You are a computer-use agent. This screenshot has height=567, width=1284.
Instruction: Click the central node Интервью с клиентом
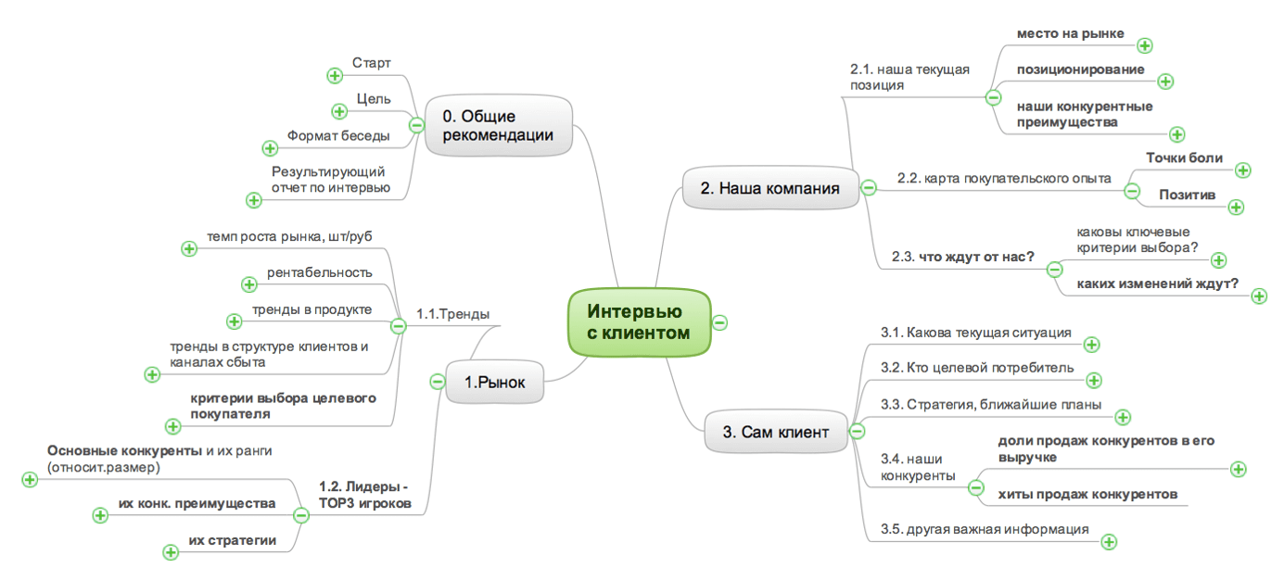639,321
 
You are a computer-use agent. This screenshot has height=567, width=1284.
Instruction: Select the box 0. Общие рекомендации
498,126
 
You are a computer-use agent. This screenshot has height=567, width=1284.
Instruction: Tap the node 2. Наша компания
769,188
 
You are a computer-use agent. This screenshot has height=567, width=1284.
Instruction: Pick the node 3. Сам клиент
776,431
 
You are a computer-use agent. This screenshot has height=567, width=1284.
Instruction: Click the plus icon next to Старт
335,76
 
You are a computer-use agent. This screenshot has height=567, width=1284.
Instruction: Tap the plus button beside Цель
339,111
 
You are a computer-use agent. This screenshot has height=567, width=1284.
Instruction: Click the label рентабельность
319,272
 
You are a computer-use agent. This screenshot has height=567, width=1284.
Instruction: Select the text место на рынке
1070,33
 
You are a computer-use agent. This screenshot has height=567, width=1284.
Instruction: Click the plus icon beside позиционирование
1166,82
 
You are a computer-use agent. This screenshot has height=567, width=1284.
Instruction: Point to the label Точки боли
1184,157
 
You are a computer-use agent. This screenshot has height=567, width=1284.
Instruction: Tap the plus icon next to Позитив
1235,207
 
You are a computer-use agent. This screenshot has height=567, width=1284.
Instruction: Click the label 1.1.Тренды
452,313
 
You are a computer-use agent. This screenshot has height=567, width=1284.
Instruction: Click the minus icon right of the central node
720,322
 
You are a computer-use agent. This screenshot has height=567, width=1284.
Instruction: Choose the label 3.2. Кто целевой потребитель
977,368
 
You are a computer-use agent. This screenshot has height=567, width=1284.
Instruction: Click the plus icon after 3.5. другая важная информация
1108,542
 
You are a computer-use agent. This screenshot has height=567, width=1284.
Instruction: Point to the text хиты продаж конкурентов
1087,494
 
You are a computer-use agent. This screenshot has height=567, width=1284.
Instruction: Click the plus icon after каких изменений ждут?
1259,296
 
